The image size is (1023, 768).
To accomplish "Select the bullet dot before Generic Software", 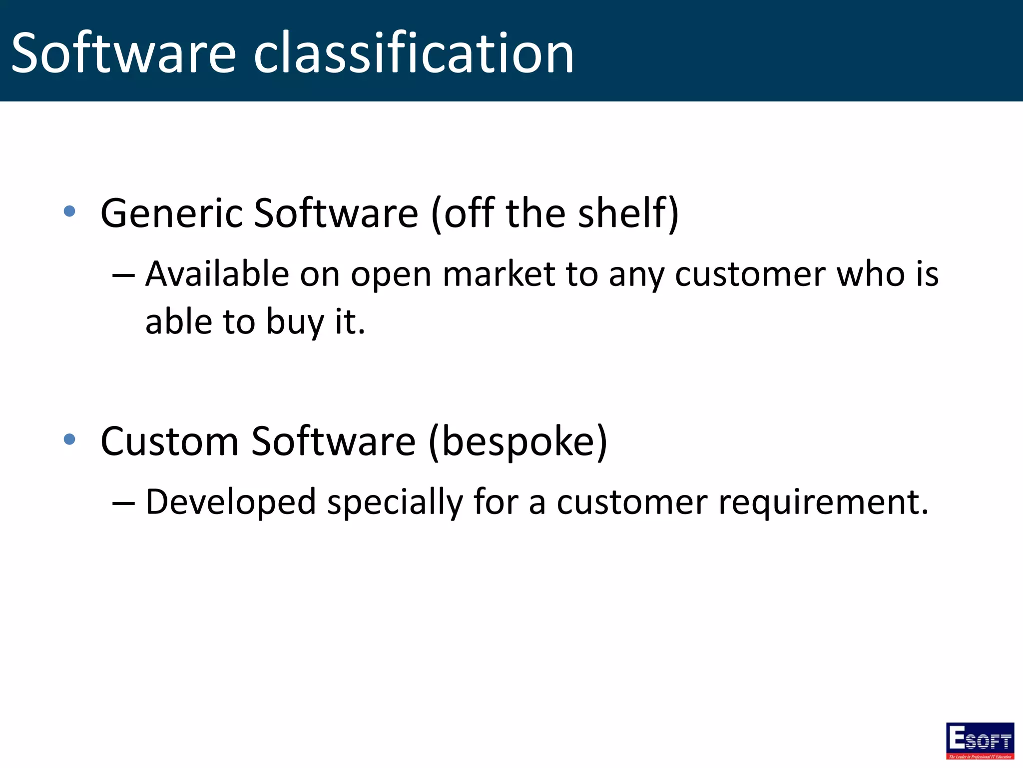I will (69, 211).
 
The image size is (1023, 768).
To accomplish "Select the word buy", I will (295, 322).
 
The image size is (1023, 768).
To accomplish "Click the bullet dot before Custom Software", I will (69, 439).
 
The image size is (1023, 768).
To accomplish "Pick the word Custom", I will (169, 441).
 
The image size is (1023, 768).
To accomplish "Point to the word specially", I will (395, 502).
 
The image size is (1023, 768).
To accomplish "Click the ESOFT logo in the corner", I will (980, 740).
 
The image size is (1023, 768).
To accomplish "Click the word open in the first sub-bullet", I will (391, 275).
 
